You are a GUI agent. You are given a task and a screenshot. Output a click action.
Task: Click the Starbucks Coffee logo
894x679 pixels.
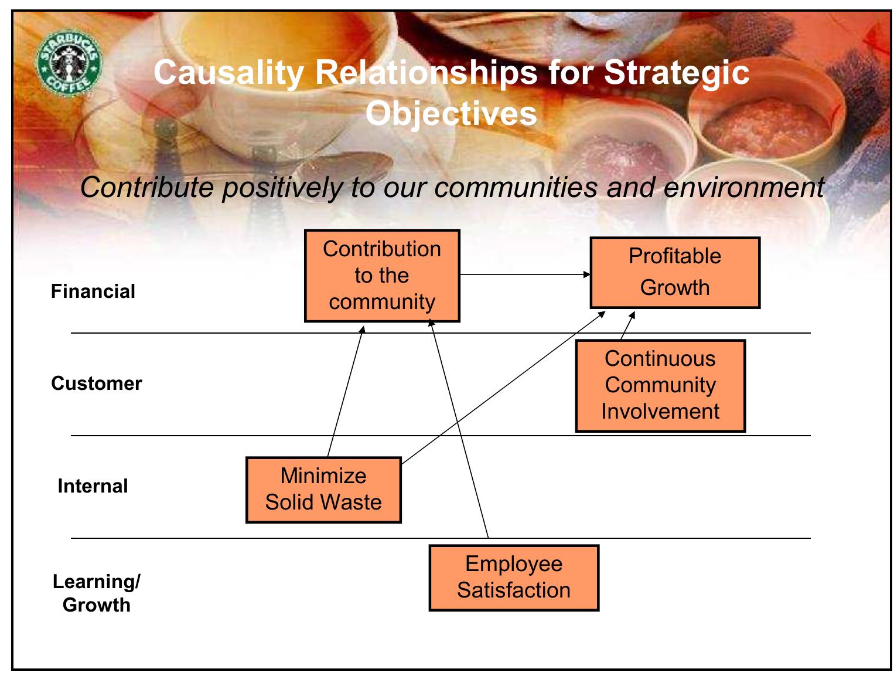click(69, 63)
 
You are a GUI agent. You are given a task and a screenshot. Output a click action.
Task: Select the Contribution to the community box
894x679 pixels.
click(382, 276)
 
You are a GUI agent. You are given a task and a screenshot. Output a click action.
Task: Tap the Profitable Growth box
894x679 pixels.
click(674, 273)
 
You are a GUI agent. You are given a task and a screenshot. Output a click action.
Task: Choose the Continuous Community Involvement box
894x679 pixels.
click(660, 386)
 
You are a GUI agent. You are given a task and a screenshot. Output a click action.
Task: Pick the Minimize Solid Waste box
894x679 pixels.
click(323, 490)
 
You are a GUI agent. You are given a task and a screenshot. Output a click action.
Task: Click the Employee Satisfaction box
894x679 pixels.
click(514, 578)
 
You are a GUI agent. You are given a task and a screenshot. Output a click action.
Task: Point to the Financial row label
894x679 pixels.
click(93, 291)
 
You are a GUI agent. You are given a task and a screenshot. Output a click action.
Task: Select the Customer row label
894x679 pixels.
click(96, 383)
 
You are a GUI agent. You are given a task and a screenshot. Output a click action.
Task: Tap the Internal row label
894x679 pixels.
click(93, 486)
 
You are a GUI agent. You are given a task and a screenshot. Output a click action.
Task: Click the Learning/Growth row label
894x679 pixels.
click(96, 593)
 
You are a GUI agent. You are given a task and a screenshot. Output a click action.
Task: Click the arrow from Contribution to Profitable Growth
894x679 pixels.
click(524, 274)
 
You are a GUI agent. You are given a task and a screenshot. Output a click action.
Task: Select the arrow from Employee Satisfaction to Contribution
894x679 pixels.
click(459, 428)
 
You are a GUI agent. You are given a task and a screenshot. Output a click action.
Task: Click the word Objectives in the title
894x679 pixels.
click(451, 113)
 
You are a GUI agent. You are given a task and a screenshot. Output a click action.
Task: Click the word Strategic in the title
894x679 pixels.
click(676, 73)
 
